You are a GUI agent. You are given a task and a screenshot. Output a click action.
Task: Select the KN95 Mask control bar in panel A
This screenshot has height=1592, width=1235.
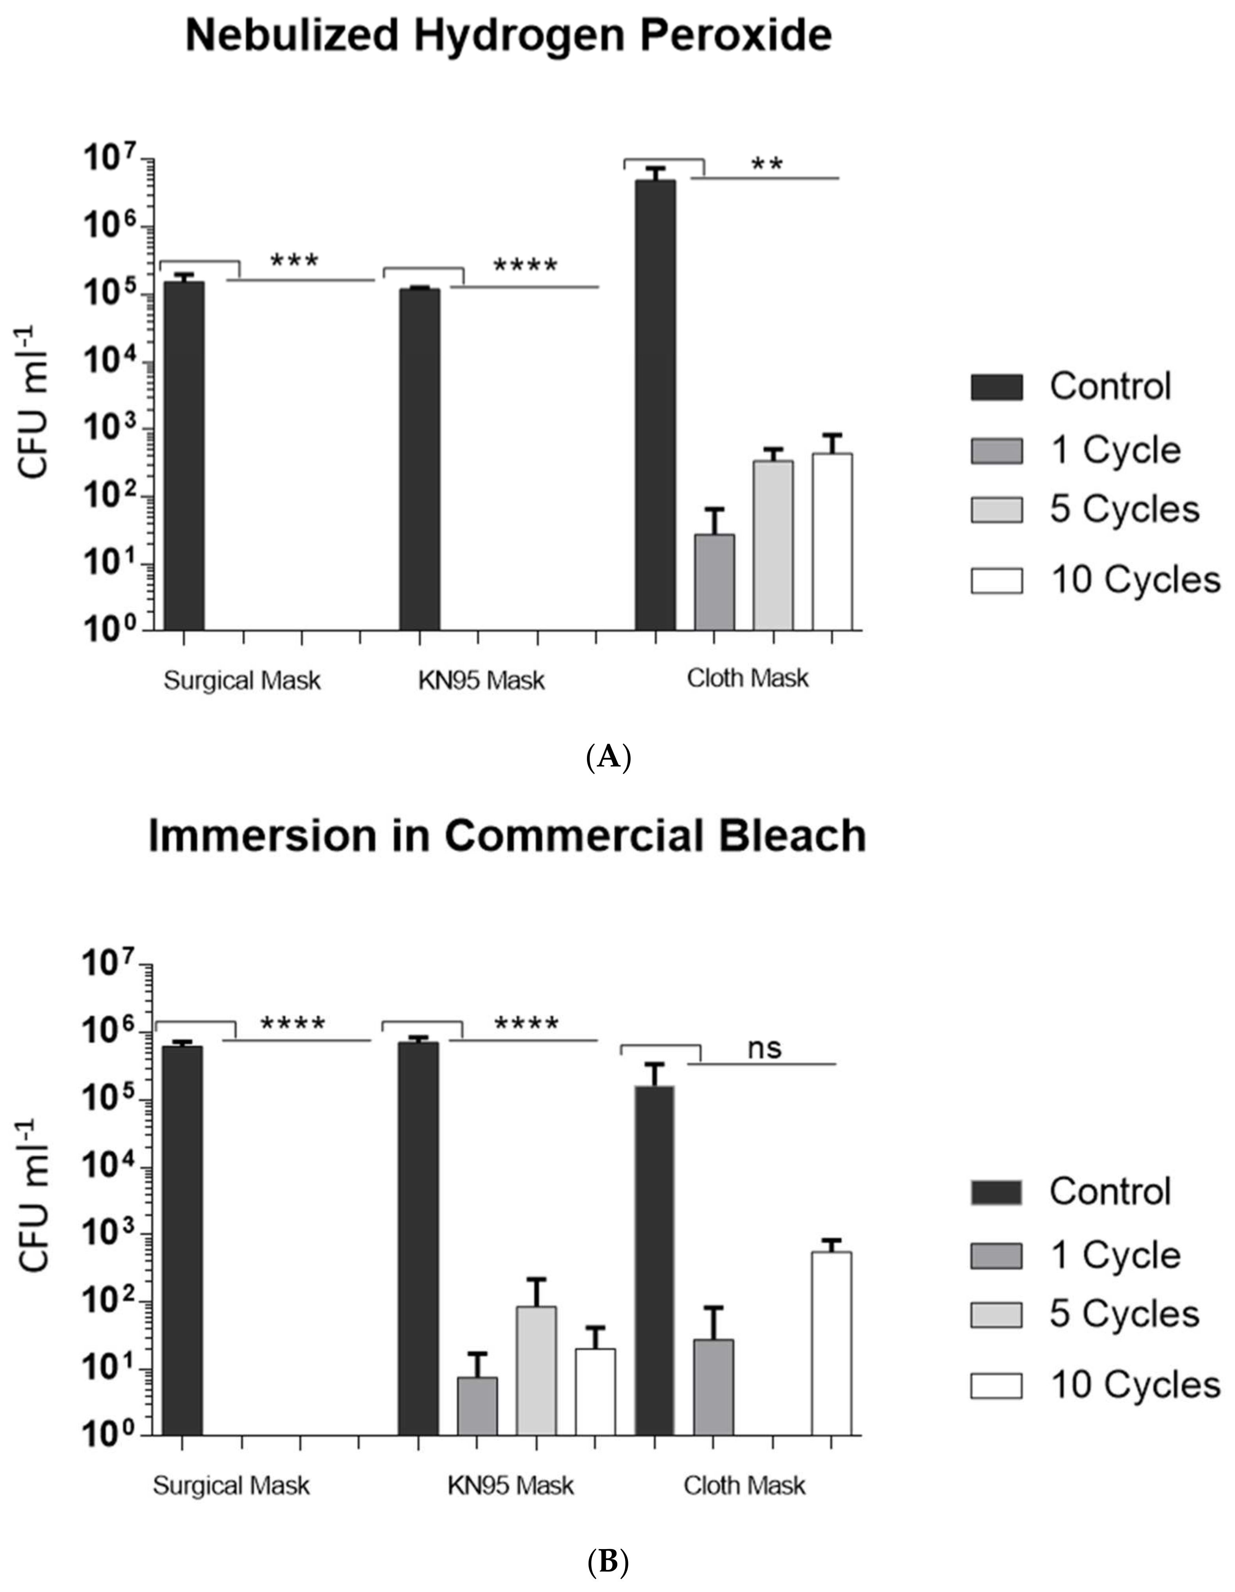coord(419,459)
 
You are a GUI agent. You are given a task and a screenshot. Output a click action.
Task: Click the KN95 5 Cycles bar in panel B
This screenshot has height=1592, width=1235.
coord(536,1370)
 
